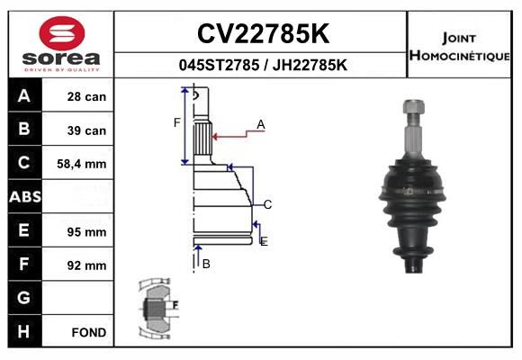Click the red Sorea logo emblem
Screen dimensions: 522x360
tap(62, 33)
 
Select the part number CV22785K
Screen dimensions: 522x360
tap(264, 33)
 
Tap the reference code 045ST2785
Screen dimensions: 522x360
tap(219, 65)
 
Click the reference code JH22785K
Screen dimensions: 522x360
tap(310, 65)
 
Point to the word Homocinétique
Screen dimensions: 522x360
tap(459, 55)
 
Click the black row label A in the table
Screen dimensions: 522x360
tap(24, 96)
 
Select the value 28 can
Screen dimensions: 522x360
tap(86, 96)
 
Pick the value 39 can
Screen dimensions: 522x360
tap(86, 130)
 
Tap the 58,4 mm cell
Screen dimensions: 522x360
tap(82, 164)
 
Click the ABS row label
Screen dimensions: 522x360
tap(25, 197)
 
